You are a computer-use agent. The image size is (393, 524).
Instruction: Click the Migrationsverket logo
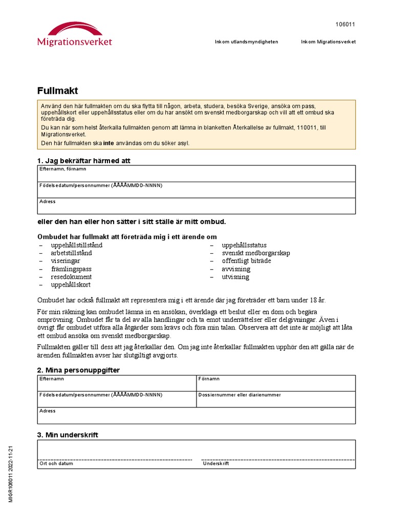point(74,34)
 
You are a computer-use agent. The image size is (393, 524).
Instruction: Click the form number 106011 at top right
point(345,25)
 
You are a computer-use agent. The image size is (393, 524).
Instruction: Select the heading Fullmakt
point(57,91)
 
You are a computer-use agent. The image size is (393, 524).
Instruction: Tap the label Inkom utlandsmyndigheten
point(246,42)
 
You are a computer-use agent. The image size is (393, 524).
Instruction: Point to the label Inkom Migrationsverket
point(328,42)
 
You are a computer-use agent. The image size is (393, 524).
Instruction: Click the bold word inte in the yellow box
point(108,143)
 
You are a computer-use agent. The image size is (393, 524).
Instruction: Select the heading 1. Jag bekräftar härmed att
point(84,161)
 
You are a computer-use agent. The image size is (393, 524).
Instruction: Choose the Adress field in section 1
point(196,207)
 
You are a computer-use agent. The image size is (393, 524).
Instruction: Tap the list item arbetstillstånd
point(71,253)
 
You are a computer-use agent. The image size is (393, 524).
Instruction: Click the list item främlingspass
point(71,269)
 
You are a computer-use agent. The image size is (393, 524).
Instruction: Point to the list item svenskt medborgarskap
point(256,253)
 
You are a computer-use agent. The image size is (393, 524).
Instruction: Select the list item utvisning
point(235,277)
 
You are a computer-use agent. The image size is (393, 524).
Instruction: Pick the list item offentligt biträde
point(246,261)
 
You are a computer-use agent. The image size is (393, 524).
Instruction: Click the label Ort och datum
point(56,464)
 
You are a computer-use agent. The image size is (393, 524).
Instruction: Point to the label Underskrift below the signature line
point(216,464)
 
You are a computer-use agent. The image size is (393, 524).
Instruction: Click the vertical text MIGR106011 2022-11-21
point(10,473)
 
